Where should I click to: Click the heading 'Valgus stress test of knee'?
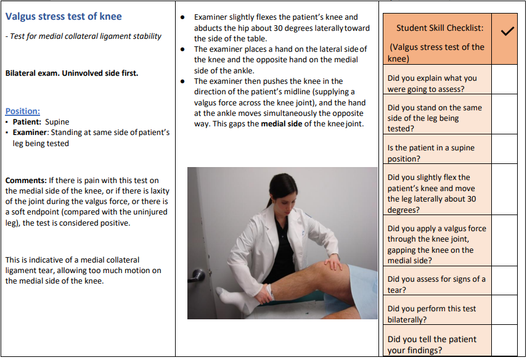click(x=63, y=17)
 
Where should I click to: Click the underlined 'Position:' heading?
click(x=23, y=111)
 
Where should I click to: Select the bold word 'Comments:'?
click(x=26, y=180)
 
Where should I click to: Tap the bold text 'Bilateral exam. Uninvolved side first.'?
click(x=71, y=73)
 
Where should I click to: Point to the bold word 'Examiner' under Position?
click(x=30, y=132)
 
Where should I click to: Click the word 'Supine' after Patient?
click(x=57, y=122)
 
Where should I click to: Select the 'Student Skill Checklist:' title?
click(x=439, y=28)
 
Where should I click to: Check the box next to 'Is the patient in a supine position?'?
click(x=505, y=149)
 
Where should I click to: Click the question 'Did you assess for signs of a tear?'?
click(x=436, y=284)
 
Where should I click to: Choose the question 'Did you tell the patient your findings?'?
click(x=431, y=345)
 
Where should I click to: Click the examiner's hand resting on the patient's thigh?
click(x=333, y=264)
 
